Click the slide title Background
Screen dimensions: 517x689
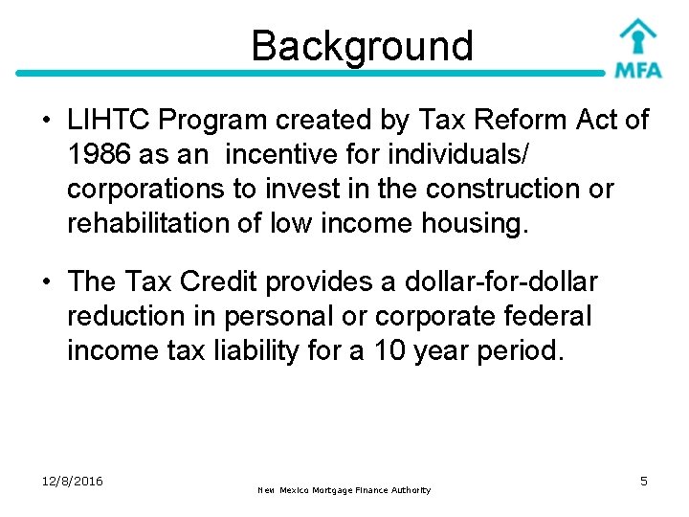click(x=362, y=46)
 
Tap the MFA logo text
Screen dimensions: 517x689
click(x=637, y=70)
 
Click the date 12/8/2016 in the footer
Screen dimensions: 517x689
click(x=74, y=481)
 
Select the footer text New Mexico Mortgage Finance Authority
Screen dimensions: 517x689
click(x=344, y=490)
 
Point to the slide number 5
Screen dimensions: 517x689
click(x=644, y=481)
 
